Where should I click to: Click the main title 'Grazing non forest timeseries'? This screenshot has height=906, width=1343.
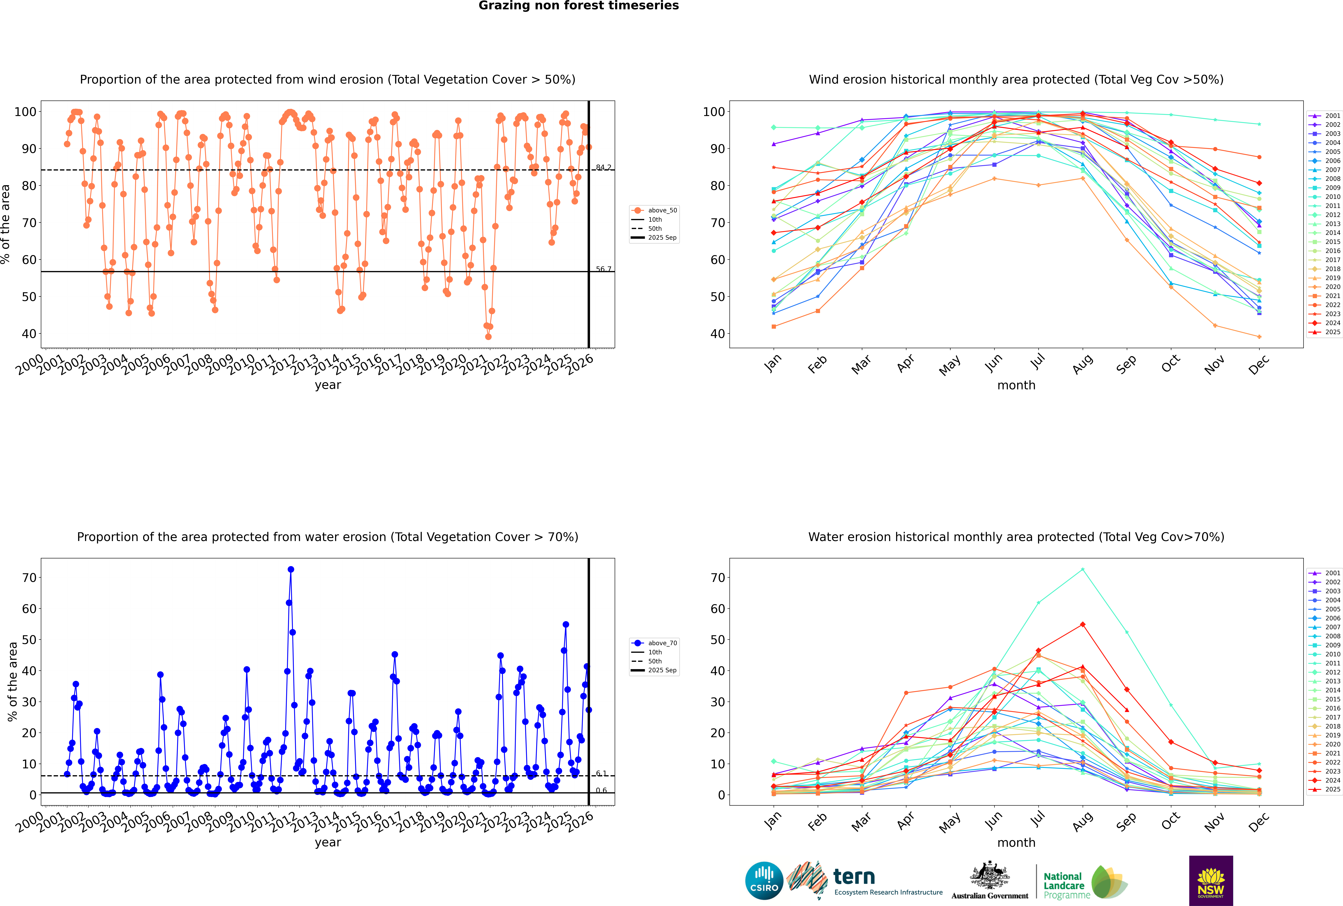point(579,6)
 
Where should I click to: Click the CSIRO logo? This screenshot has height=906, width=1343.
point(764,881)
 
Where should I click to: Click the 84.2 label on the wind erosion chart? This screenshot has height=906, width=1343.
point(603,168)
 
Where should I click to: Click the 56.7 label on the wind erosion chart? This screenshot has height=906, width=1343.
point(603,269)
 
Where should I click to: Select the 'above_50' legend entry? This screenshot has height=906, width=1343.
point(662,210)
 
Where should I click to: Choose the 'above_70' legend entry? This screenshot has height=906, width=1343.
point(662,643)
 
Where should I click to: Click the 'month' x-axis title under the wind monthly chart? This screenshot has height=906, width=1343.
point(1016,385)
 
